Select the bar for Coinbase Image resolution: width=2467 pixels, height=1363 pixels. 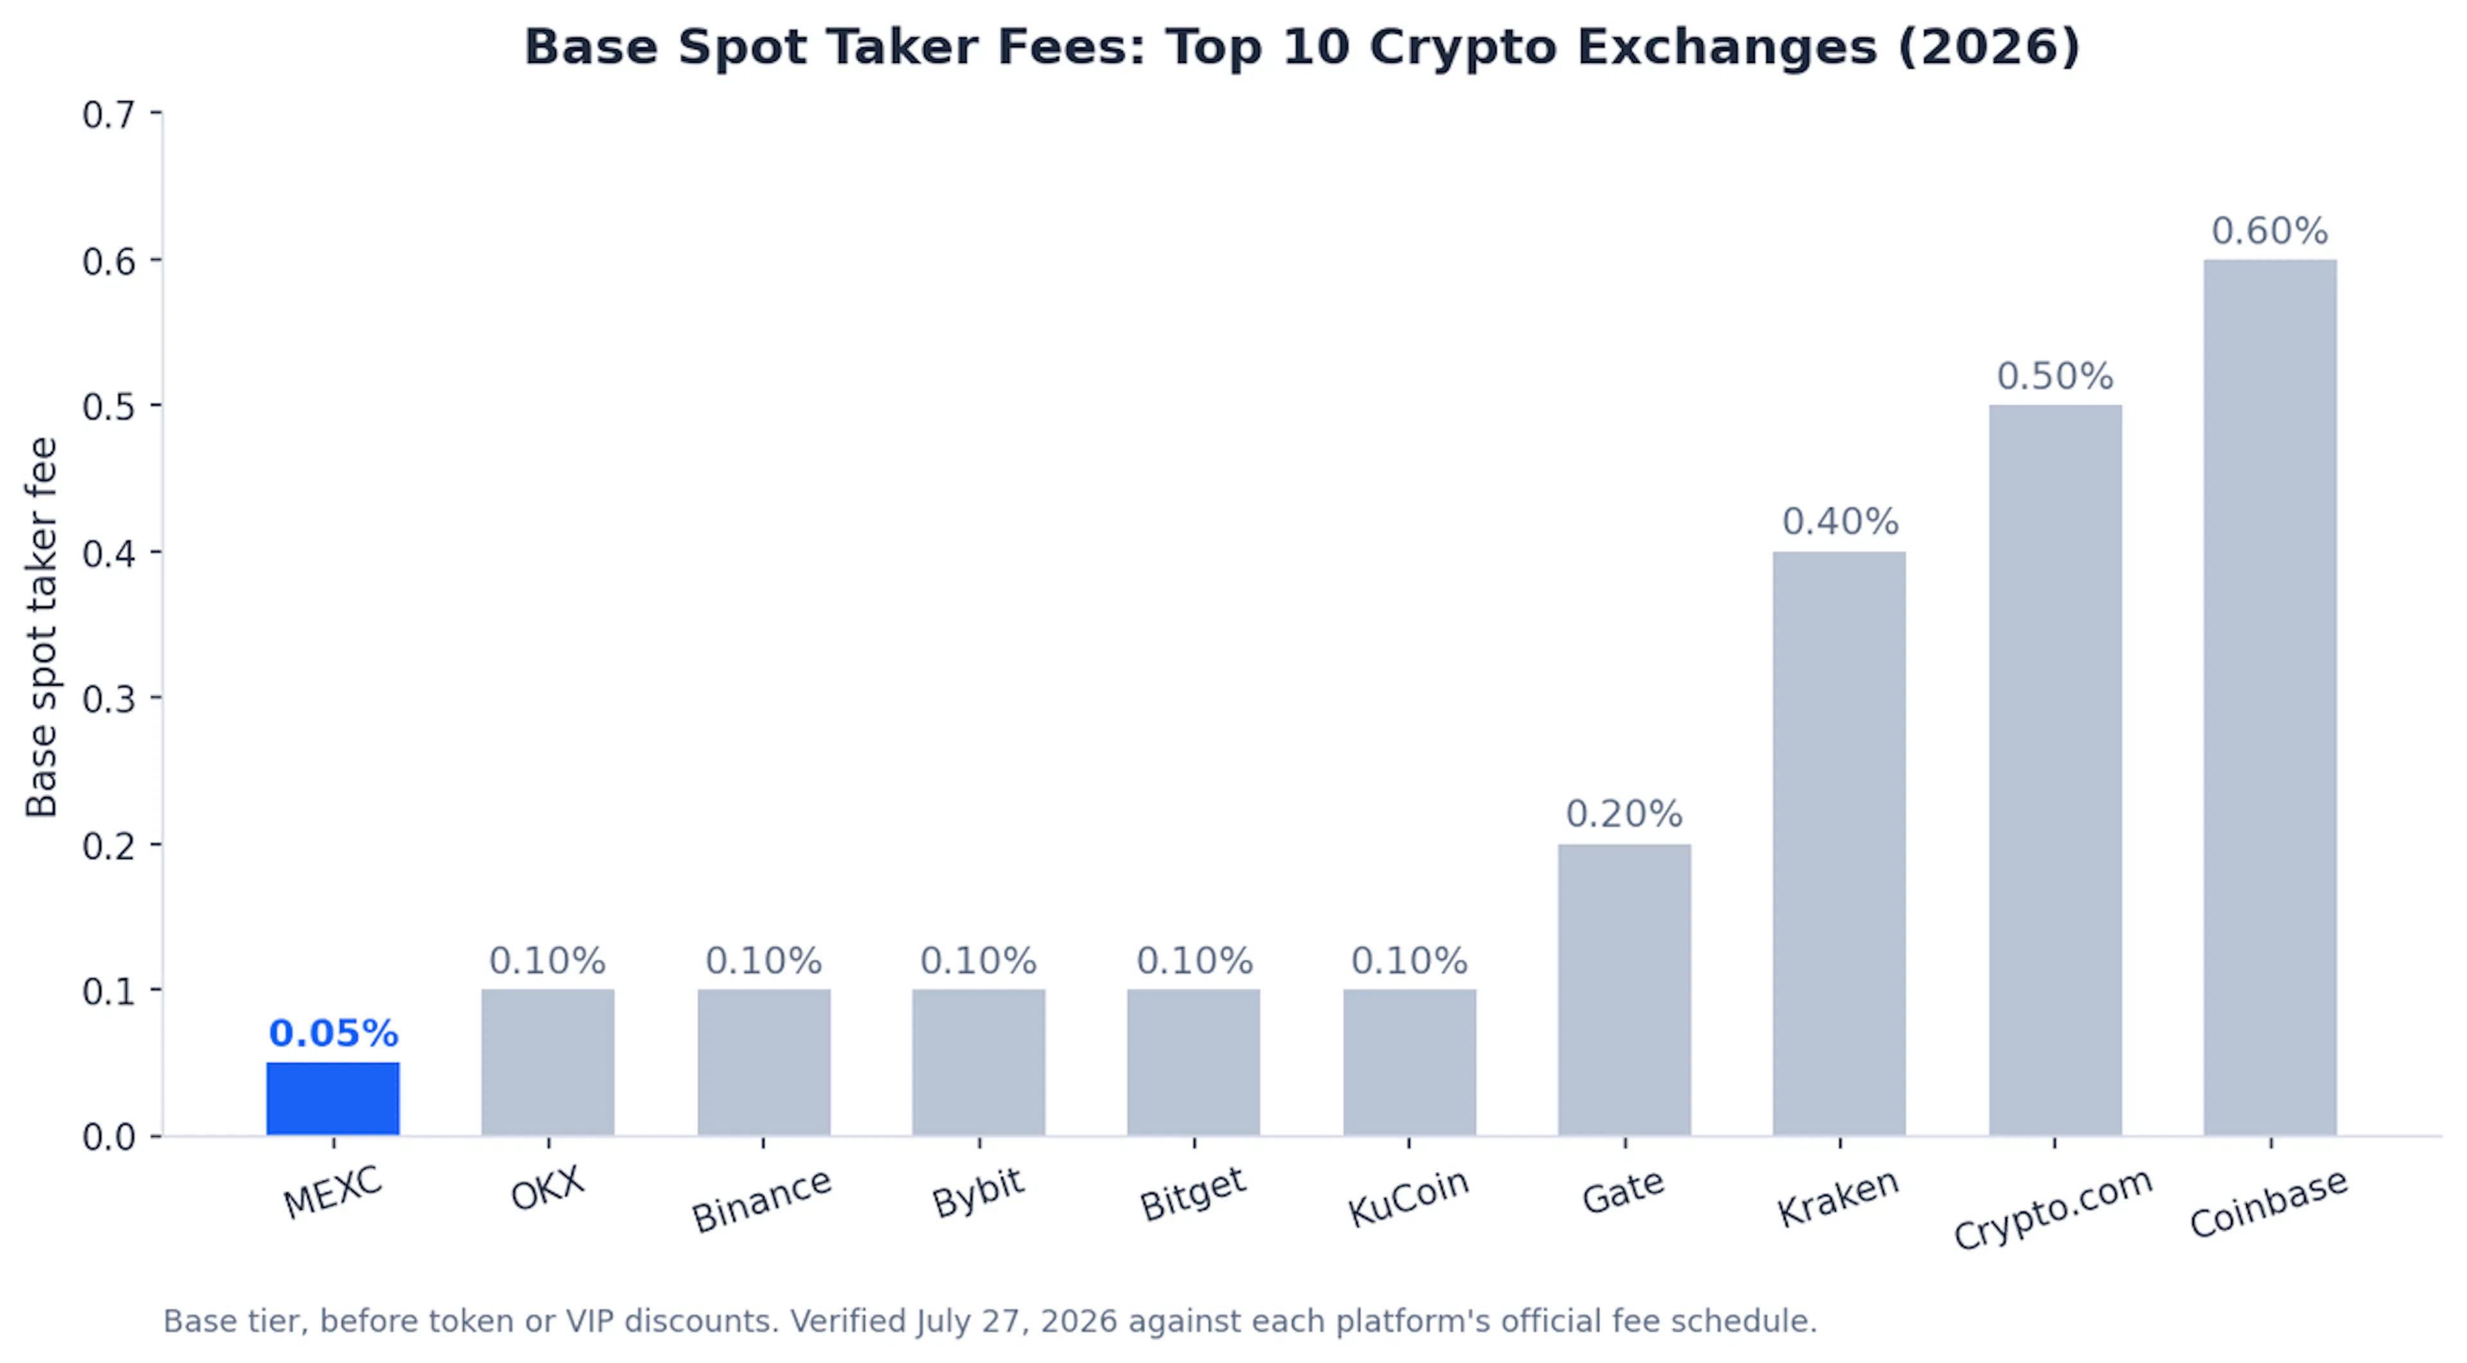[x=2270, y=697]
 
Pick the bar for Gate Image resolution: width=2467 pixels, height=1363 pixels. [x=1624, y=990]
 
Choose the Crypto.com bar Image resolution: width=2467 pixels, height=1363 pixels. [x=2055, y=770]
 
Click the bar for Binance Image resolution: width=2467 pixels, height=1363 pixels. [x=763, y=1062]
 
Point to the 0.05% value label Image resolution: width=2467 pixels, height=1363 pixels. [x=333, y=1033]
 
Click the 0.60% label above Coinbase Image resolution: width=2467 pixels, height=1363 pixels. [x=2270, y=231]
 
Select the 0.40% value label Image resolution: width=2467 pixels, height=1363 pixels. [x=1840, y=522]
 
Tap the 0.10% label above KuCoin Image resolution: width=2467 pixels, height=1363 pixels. [x=1409, y=961]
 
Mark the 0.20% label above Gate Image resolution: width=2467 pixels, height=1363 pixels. [x=1624, y=814]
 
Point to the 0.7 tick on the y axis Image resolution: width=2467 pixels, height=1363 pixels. [x=108, y=115]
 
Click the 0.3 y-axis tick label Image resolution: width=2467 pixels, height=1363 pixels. [x=108, y=699]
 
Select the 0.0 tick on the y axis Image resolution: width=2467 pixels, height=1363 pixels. [x=108, y=1137]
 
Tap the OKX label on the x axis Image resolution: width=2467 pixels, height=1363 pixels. [x=547, y=1189]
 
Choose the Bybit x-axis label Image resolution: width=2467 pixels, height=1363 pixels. [x=978, y=1193]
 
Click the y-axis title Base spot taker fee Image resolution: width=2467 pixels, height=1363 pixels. [x=42, y=627]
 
